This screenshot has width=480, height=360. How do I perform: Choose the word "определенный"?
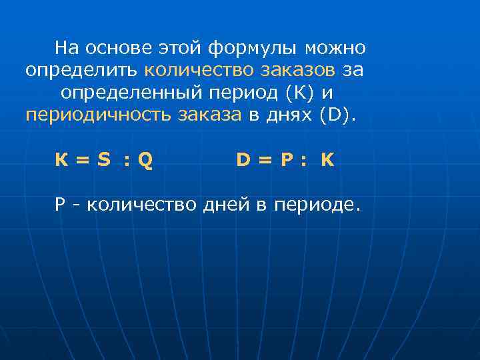click(130, 92)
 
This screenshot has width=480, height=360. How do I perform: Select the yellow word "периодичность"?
click(99, 114)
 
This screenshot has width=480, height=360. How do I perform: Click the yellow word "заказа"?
click(209, 114)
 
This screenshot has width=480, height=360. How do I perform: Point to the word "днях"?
click(289, 114)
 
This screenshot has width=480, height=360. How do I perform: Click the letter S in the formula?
click(103, 161)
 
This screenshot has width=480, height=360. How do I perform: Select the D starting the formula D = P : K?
click(243, 161)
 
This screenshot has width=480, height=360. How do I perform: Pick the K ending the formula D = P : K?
click(327, 161)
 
